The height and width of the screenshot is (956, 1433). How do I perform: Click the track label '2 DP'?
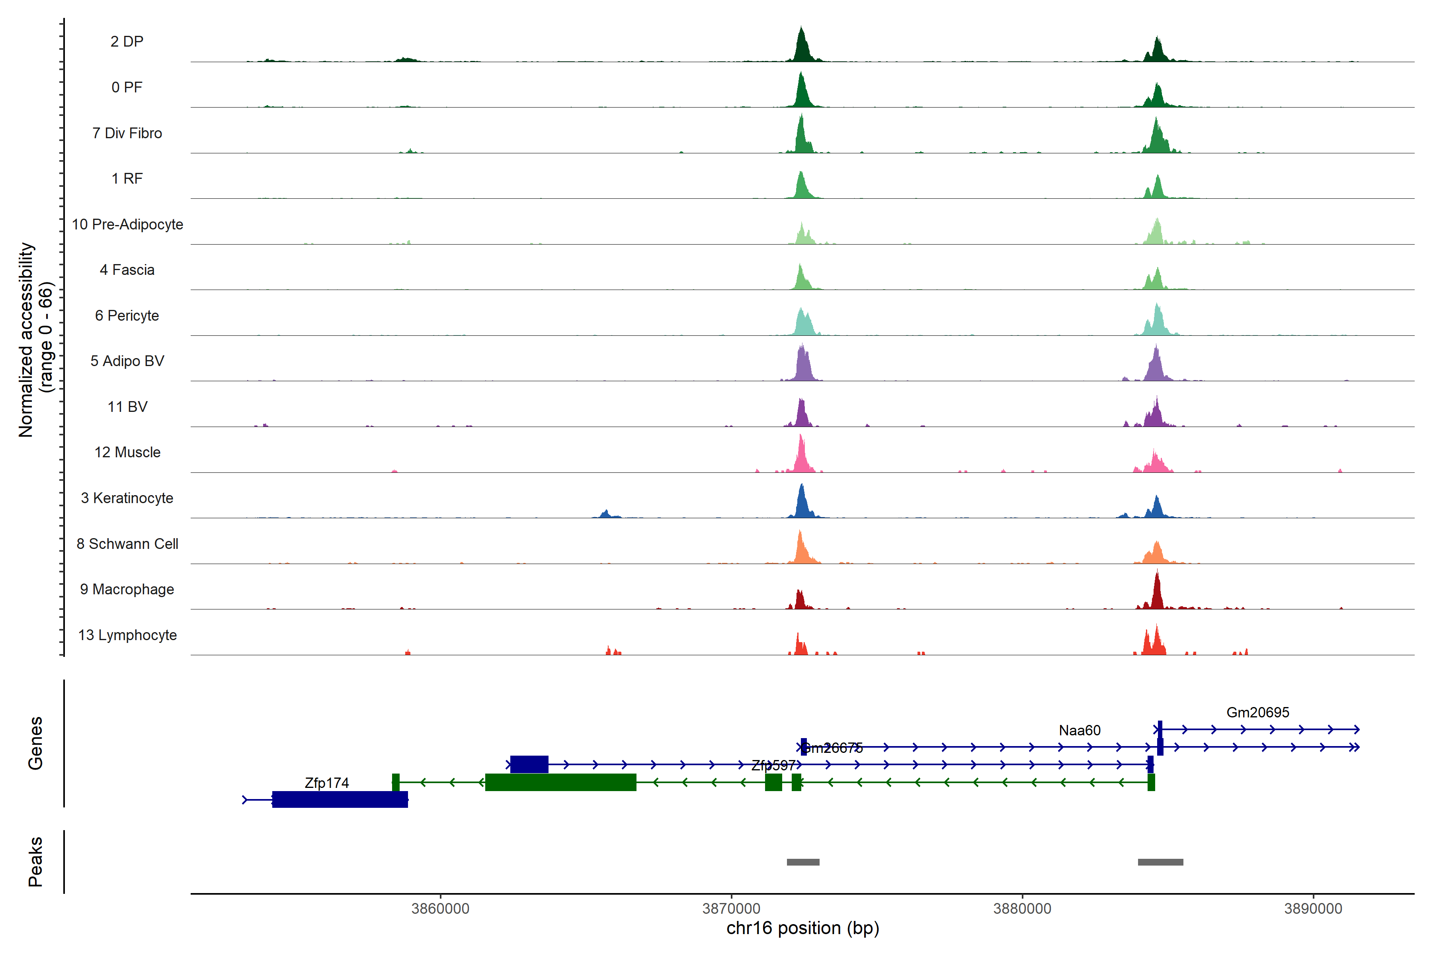point(127,41)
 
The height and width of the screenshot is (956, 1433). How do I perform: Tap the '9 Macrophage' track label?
point(127,590)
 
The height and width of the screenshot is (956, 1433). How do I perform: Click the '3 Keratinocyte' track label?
point(127,498)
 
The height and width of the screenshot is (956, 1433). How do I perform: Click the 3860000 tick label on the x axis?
point(440,909)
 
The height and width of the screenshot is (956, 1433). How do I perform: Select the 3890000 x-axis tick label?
point(1313,909)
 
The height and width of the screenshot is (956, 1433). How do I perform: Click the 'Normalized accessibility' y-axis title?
point(25,340)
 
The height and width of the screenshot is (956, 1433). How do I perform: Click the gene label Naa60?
point(1080,731)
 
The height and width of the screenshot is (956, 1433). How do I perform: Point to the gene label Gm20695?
point(1257,712)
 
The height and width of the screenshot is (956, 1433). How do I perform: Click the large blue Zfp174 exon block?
point(340,799)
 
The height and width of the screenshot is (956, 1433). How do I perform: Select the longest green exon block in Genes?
point(560,782)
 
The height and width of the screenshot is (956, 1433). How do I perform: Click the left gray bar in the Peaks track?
point(803,862)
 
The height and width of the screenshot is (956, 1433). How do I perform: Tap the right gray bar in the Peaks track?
point(1160,862)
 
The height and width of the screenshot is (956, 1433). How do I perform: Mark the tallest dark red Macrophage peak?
point(1157,588)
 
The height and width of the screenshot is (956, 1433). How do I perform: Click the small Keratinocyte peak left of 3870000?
point(605,513)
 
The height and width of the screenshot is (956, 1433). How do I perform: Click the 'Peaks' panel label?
point(35,862)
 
